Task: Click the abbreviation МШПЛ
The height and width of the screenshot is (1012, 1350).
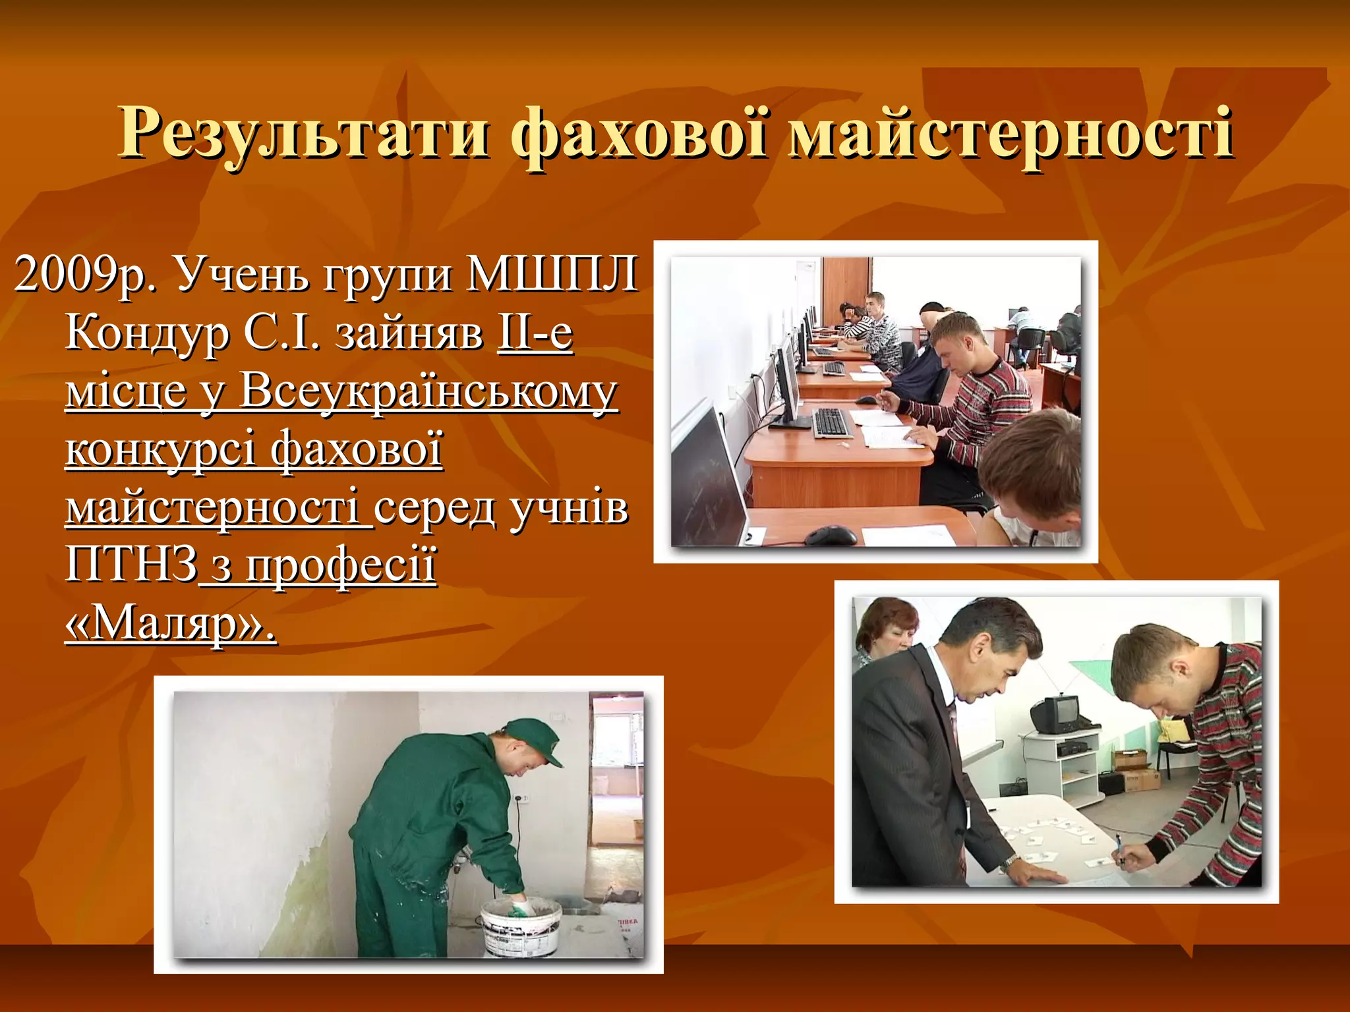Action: [552, 273]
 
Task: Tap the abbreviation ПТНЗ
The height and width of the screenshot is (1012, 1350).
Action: [131, 564]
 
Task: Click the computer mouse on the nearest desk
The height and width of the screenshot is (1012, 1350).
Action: [830, 535]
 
